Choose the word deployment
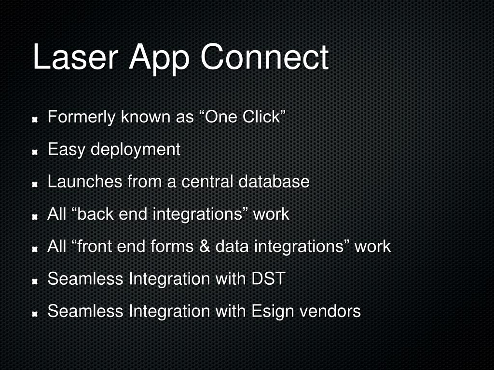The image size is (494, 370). pos(136,150)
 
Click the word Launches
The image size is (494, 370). pos(85,182)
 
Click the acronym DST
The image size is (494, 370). pos(269,279)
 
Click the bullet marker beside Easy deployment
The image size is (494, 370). pos(35,152)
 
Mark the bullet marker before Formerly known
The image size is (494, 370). pos(35,119)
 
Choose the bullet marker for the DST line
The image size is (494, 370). pos(35,281)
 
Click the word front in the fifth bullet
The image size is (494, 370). pos(97,247)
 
